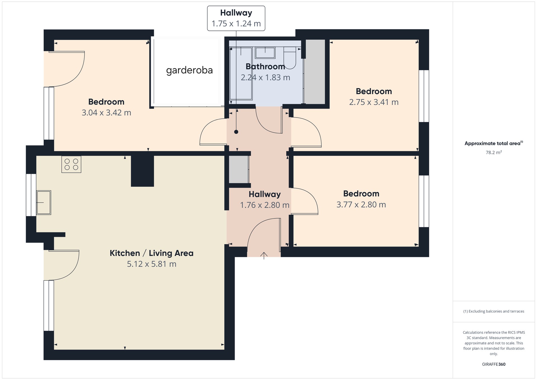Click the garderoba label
click(189, 70)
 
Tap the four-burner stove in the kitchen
click(71, 165)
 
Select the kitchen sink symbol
click(44, 203)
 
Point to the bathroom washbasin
click(265, 53)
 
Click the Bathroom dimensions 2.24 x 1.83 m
click(265, 78)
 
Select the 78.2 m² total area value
click(494, 153)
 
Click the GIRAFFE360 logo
click(494, 364)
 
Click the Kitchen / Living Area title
click(152, 253)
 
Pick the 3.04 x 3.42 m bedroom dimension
click(106, 113)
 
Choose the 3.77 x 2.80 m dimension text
click(361, 205)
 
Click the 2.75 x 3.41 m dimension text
click(374, 102)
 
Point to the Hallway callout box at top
click(236, 18)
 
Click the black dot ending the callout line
click(236, 132)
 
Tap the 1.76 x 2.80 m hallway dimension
click(265, 205)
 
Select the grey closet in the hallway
click(239, 170)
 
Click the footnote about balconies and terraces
click(494, 311)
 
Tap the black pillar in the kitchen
click(142, 171)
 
